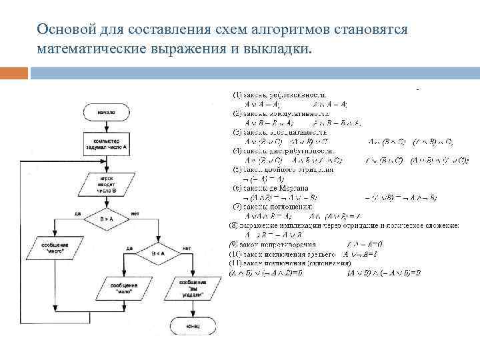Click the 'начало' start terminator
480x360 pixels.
point(106,112)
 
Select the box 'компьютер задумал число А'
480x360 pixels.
point(106,143)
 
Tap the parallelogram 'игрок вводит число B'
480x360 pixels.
point(106,184)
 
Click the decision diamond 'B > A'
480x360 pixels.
point(106,218)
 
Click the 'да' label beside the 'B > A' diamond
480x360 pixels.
point(77,213)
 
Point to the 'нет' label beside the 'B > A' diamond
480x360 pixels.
point(135,213)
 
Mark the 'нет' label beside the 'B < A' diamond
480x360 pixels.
point(186,249)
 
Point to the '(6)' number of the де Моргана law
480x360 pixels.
point(237,188)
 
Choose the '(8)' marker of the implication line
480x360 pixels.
point(233,226)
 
